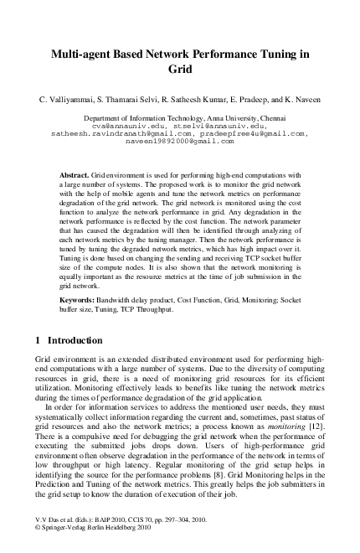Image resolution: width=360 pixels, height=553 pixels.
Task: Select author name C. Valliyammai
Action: click(x=59, y=100)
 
